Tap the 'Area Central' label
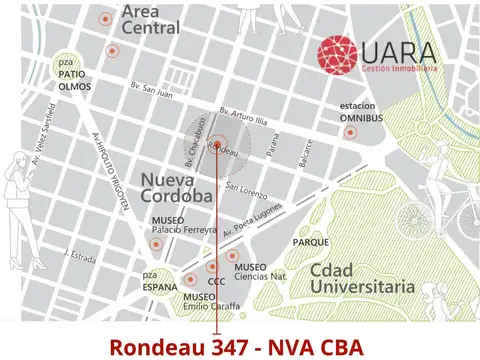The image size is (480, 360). [x=150, y=20]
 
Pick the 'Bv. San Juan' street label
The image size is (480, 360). [x=152, y=95]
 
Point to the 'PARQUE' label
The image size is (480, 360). [x=311, y=242]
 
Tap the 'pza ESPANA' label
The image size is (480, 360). [x=151, y=281]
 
